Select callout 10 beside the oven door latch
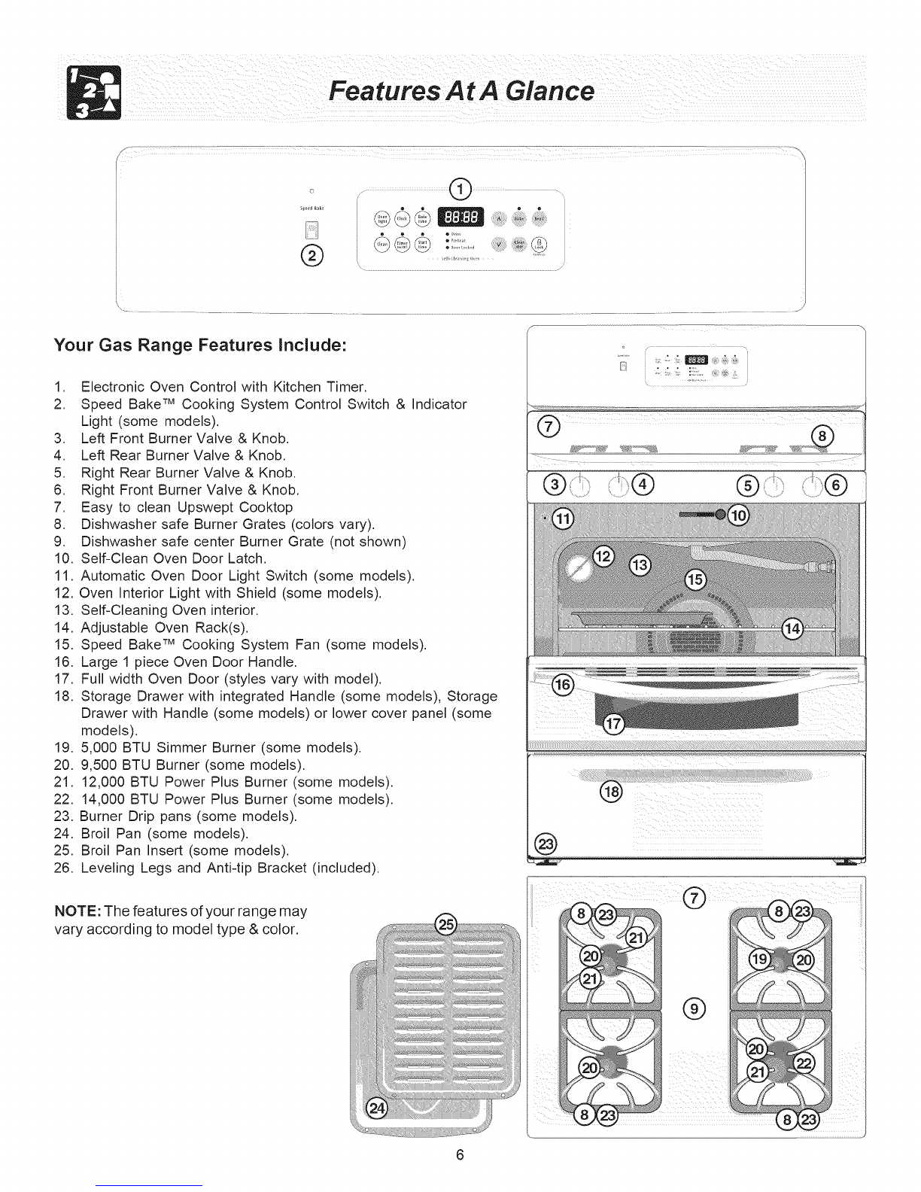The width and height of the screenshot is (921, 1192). [740, 515]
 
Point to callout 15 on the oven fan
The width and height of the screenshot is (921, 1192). [695, 579]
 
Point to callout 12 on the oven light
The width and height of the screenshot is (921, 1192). [604, 558]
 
